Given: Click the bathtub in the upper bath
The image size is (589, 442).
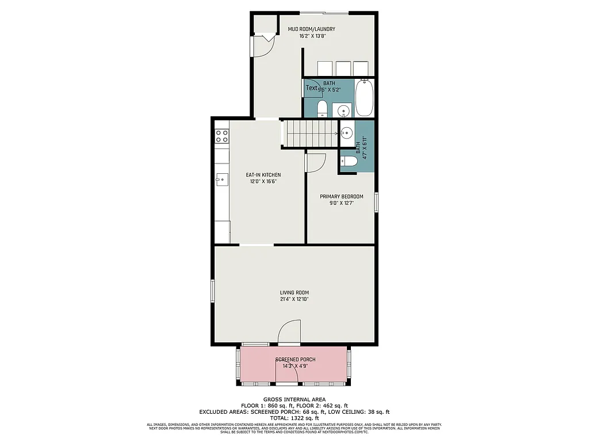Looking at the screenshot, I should click(365, 98).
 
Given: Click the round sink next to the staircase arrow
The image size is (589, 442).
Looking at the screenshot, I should click(347, 134).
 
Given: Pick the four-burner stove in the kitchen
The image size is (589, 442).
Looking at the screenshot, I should click(221, 136).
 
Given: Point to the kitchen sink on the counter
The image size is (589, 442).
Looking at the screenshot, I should click(221, 180).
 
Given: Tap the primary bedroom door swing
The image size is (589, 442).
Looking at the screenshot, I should click(316, 163).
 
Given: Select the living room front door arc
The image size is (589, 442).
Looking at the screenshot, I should click(289, 333).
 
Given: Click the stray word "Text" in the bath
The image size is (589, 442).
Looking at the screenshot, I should click(311, 88).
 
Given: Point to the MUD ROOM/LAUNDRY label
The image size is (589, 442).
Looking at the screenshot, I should click(311, 29).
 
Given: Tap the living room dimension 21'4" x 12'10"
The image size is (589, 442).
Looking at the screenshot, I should click(294, 299).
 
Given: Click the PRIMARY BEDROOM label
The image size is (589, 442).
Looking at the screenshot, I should click(341, 196).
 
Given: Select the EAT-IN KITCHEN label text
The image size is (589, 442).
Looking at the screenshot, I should click(263, 174).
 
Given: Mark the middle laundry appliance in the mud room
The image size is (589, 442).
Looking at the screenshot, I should click(343, 68).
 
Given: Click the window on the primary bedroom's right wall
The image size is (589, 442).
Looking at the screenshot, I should click(376, 202).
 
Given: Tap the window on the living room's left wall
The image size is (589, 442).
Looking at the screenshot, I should click(213, 290).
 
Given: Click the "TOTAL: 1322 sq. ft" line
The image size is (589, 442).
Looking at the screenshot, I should click(294, 418).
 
